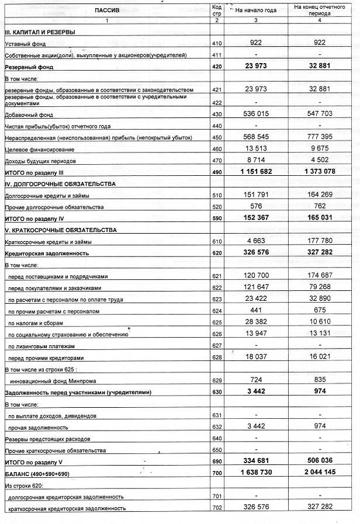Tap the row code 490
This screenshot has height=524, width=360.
tap(217, 172)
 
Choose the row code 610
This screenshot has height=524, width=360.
tap(217, 241)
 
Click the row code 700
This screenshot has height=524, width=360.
tap(217, 472)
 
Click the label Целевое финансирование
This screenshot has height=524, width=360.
tap(36, 150)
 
